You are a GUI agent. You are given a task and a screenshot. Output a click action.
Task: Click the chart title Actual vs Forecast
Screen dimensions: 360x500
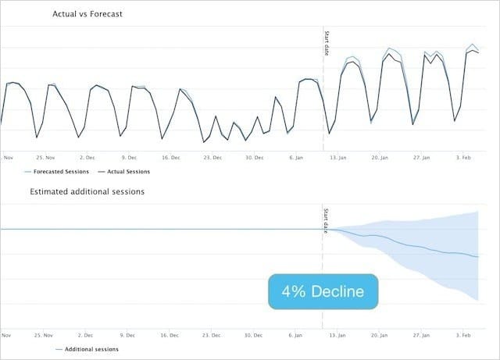click(87, 14)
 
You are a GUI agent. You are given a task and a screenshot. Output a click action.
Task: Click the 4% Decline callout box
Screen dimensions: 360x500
click(323, 291)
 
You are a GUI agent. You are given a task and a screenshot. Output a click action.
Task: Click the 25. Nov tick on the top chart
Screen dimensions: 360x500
click(45, 157)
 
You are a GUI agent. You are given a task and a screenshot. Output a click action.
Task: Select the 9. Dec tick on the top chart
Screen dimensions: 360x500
click(127, 157)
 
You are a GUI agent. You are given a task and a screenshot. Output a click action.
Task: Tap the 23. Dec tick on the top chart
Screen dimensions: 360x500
click(212, 157)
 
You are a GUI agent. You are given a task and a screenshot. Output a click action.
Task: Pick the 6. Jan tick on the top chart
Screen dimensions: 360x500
click(295, 157)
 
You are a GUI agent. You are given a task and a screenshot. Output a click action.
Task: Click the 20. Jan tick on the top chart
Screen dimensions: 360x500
click(380, 157)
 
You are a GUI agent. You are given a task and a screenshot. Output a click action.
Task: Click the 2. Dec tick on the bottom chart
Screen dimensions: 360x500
click(86, 335)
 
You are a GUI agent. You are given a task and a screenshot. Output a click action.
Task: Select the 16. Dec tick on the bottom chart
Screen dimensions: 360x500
click(170, 335)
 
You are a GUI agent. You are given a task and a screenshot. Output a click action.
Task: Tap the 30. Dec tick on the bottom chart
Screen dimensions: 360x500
click(253, 335)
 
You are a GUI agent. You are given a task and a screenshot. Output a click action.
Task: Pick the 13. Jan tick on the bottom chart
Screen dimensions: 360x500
click(337, 335)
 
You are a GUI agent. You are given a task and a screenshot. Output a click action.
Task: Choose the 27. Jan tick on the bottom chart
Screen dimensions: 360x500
click(422, 335)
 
